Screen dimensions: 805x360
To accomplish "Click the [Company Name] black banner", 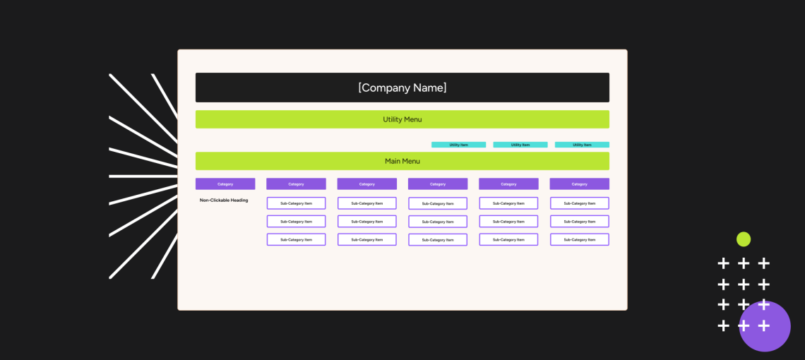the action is tap(402, 88).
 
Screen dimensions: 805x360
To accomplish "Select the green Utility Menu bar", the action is tap(402, 119).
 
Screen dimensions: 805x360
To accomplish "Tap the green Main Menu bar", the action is tap(402, 161).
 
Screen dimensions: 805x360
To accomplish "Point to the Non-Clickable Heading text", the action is tap(224, 200).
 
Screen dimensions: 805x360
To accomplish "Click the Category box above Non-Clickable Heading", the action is tap(225, 184).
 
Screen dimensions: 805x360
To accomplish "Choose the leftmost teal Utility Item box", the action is tap(458, 145).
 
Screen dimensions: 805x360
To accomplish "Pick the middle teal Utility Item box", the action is tap(520, 145).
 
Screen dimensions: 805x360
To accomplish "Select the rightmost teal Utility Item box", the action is tap(582, 145).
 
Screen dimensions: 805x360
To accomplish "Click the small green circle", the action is tap(744, 239).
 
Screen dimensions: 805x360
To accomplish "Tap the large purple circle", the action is tap(765, 327).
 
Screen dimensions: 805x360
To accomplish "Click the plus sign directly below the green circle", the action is tap(744, 263).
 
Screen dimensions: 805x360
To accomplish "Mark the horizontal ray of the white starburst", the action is tap(143, 176).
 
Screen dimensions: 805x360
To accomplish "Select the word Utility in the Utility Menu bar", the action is tap(393, 119).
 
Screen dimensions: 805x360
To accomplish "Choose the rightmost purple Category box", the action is tap(580, 184).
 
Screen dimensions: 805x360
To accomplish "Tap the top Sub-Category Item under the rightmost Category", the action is tap(580, 203).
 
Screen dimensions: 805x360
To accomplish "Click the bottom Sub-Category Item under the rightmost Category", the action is tap(580, 240).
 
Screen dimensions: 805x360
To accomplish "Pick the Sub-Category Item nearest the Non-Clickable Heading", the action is tap(297, 203).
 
